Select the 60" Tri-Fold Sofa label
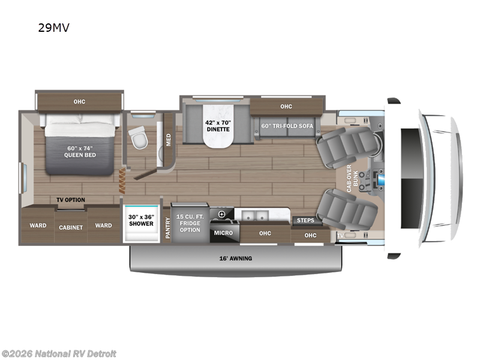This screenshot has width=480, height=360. tap(286, 125)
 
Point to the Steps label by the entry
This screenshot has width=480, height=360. tap(305, 220)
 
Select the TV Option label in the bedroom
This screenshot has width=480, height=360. tap(71, 200)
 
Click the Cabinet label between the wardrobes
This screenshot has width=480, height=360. tap(70, 227)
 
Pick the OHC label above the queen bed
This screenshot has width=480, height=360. tap(79, 101)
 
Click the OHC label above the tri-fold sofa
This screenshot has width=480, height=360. tap(286, 106)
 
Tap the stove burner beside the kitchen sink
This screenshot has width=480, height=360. tap(222, 214)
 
